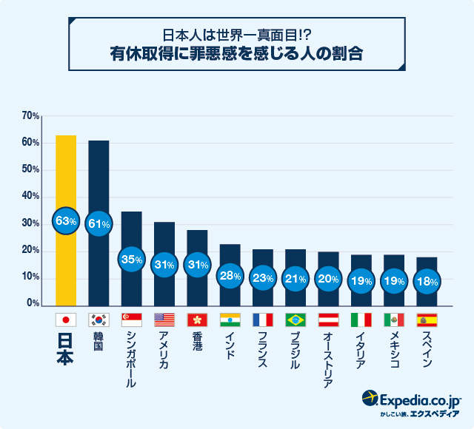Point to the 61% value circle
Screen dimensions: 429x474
coord(99,223)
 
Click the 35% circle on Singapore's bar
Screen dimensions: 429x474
coord(131,260)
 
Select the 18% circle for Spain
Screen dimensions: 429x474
coord(427,282)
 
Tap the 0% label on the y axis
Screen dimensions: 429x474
coord(33,303)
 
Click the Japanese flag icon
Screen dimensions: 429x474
coord(66,320)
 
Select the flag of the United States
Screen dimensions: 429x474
coord(164,320)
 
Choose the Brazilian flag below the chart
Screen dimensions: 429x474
coord(296,320)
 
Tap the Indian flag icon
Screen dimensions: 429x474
coord(230,320)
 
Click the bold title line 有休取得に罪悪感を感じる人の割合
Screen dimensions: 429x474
coord(237,55)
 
